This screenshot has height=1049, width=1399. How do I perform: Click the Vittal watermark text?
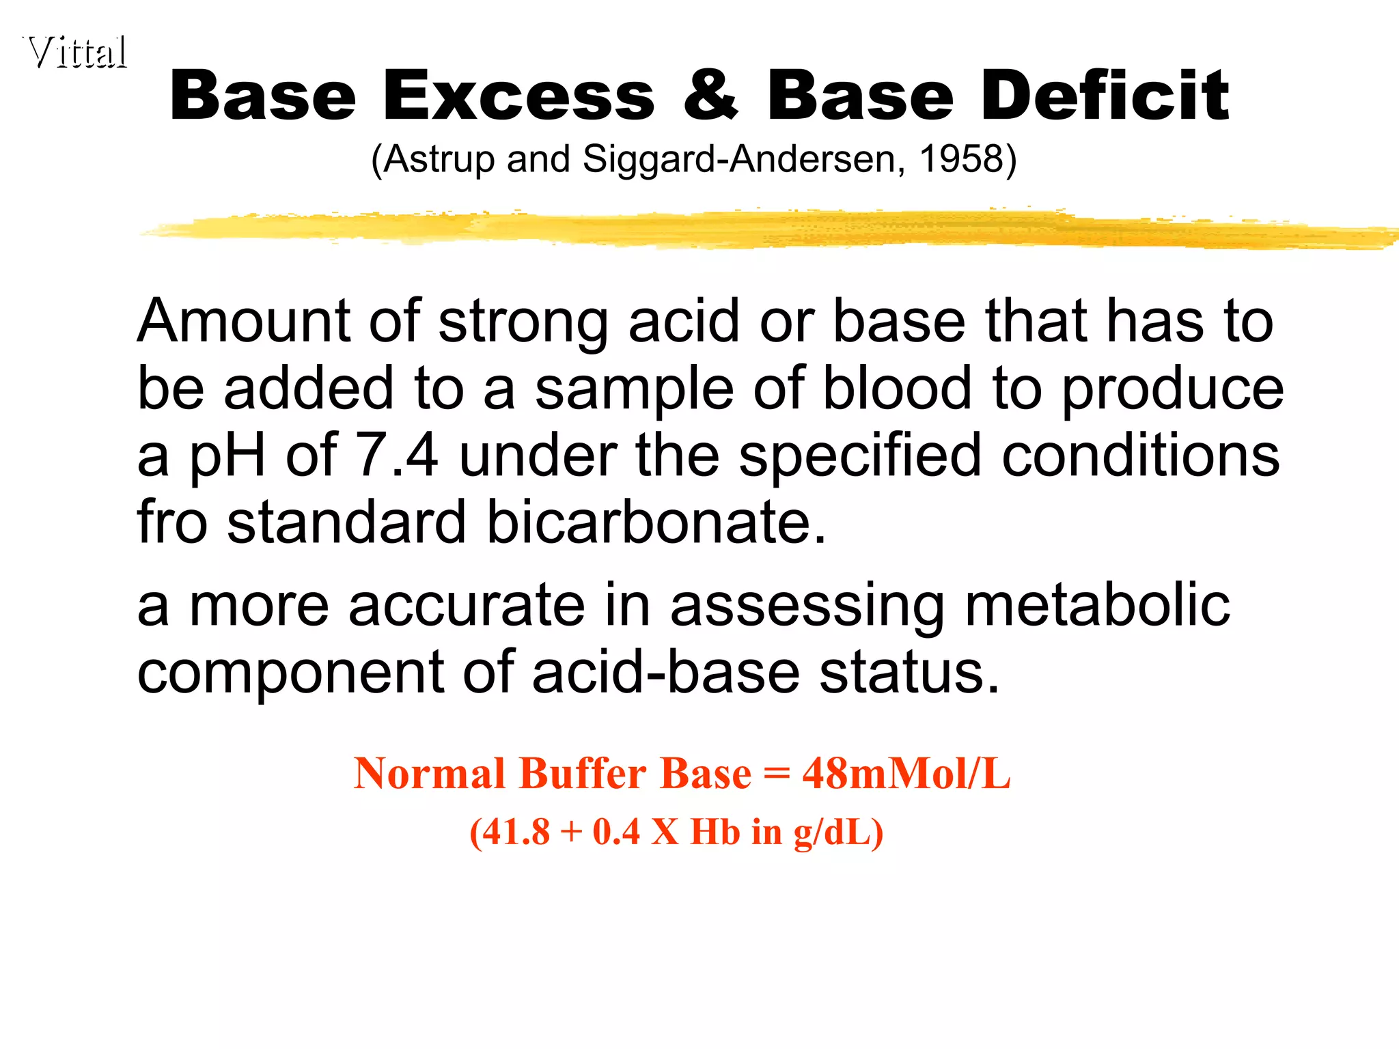pyautogui.click(x=77, y=52)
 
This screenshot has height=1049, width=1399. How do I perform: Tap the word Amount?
pyautogui.click(x=244, y=320)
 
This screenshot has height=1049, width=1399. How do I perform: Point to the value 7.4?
pyautogui.click(x=397, y=455)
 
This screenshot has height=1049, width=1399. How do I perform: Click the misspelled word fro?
pyautogui.click(x=171, y=522)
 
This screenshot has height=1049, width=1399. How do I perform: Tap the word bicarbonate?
pyautogui.click(x=656, y=522)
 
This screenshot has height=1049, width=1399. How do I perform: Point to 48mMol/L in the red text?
pyautogui.click(x=906, y=774)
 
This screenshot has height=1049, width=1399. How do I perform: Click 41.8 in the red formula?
pyautogui.click(x=516, y=832)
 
